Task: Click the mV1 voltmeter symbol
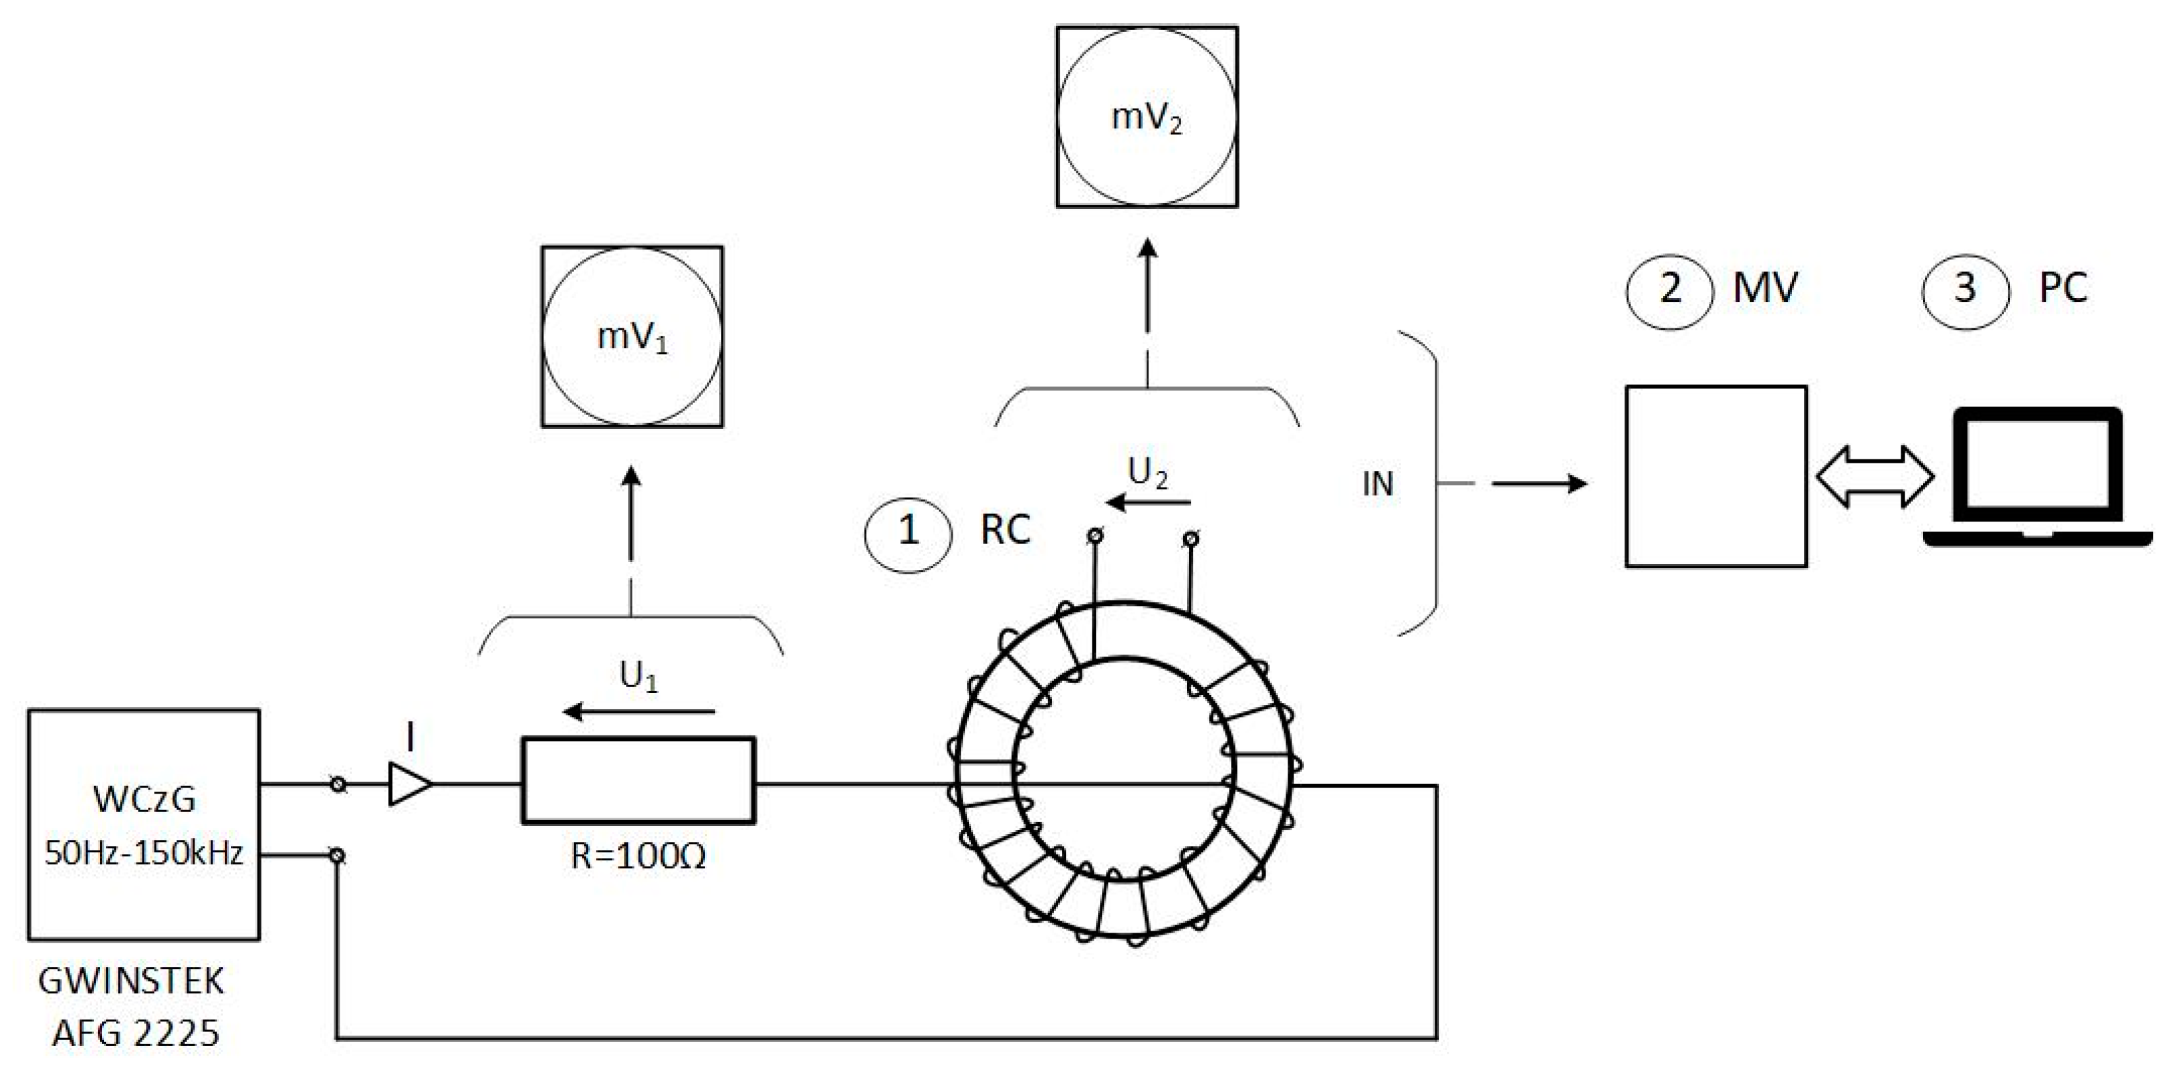[x=632, y=336]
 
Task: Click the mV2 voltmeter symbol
[x=1147, y=116]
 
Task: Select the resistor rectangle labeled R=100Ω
[x=638, y=780]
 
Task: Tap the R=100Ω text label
[x=638, y=857]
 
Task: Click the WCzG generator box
[x=144, y=823]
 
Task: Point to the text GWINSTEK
[x=131, y=981]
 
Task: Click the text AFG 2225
[x=135, y=1033]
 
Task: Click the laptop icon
[x=2038, y=478]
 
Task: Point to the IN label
[x=1378, y=484]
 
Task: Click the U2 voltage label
[x=1147, y=473]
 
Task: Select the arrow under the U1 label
[x=638, y=711]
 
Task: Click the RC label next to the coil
[x=1004, y=530]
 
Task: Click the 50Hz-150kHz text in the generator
[x=144, y=853]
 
